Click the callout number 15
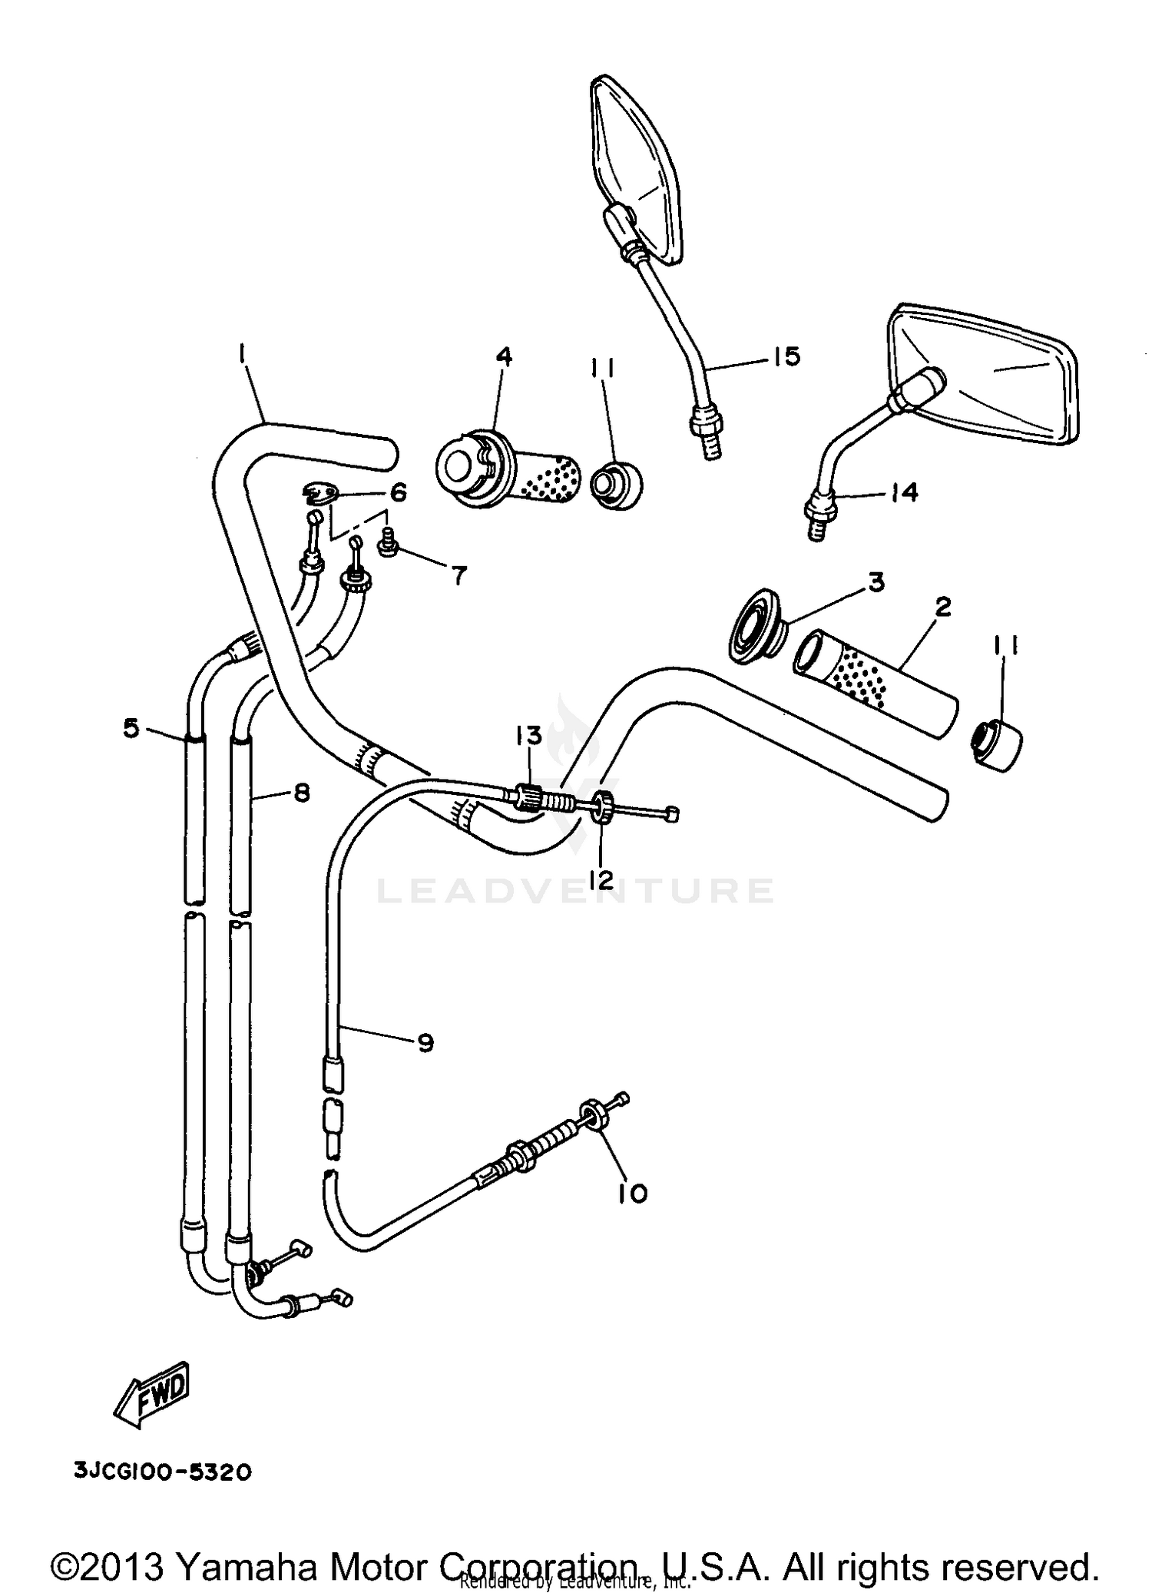click(x=786, y=356)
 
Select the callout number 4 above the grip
click(x=503, y=357)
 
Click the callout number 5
click(x=132, y=727)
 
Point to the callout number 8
click(x=301, y=792)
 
